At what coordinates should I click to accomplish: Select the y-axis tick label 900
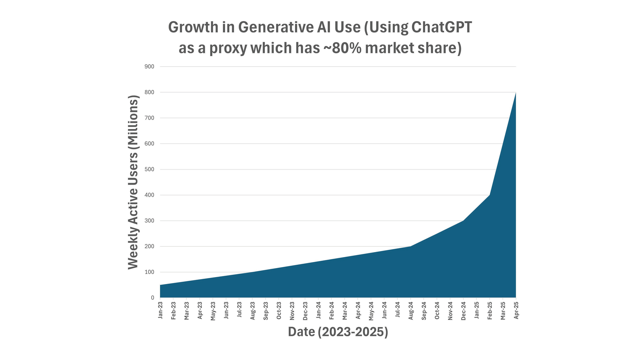click(x=149, y=67)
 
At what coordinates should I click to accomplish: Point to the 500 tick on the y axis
click(x=149, y=169)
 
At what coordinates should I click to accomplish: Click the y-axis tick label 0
click(x=153, y=298)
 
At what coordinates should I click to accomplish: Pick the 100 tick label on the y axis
click(x=149, y=272)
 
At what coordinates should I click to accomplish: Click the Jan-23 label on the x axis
click(x=160, y=310)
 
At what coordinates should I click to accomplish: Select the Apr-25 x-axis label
click(x=516, y=310)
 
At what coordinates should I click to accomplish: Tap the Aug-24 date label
click(x=411, y=311)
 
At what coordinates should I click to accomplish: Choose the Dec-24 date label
click(x=463, y=311)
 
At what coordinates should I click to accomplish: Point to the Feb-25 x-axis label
click(x=490, y=311)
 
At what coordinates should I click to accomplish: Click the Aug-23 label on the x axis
click(x=252, y=311)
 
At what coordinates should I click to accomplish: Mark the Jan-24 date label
click(x=318, y=310)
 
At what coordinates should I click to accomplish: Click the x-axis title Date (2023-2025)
click(x=338, y=332)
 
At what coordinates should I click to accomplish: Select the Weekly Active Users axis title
click(x=133, y=182)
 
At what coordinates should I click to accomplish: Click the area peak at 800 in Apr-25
click(x=515, y=93)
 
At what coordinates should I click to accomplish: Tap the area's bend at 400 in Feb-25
click(x=489, y=195)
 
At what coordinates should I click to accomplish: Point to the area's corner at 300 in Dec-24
click(x=463, y=221)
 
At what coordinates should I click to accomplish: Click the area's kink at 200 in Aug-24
click(x=410, y=246)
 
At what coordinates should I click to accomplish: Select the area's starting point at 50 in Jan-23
click(x=161, y=285)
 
